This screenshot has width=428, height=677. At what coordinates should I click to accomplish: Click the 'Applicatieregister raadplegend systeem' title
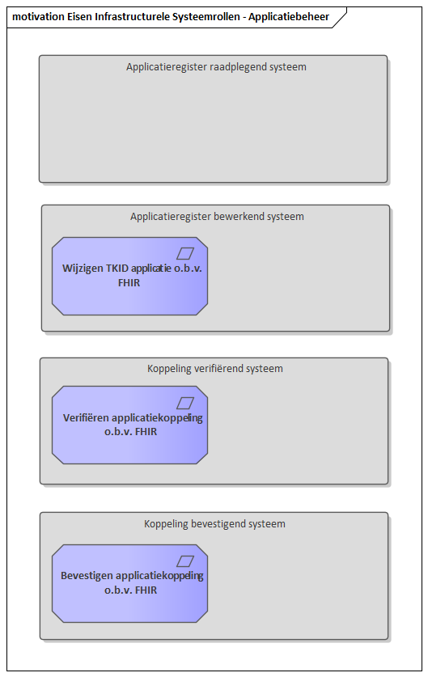pos(216,67)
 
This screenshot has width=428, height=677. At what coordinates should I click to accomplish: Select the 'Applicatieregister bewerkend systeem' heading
pos(217,216)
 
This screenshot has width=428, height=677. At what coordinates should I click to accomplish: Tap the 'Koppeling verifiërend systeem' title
pos(215,369)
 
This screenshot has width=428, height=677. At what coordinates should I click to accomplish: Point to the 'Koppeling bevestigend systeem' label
pos(214,524)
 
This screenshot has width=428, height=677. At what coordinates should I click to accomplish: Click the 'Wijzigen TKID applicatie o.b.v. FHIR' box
pos(129,276)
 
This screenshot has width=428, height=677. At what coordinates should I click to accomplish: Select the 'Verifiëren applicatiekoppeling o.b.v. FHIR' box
pos(129,425)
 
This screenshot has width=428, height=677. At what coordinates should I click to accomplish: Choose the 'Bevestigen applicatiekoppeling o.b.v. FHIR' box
pos(129,583)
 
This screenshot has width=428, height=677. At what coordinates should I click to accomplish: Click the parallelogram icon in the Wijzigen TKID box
pos(185,253)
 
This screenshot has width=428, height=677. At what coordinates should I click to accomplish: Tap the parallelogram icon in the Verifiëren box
pos(185,403)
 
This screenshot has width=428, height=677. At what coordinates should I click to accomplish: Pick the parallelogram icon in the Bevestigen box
pos(185,561)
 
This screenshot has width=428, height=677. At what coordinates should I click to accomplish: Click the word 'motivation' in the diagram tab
pos(39,17)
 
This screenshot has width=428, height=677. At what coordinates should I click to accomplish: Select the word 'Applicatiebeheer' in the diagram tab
pos(289,17)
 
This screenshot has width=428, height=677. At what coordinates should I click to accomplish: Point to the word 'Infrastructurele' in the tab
pos(132,17)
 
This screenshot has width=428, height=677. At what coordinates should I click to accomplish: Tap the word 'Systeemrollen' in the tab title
pos(206,17)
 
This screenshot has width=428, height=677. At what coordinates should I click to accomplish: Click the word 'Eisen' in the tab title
pos(80,17)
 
